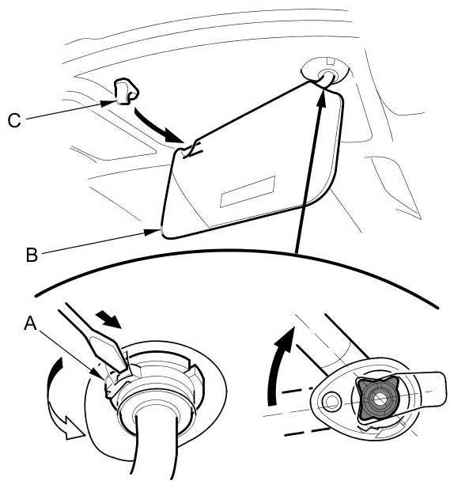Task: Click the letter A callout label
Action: [30, 323]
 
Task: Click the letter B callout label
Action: [32, 255]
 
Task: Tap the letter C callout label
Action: [14, 120]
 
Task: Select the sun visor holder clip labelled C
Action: [126, 92]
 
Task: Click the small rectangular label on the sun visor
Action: [248, 191]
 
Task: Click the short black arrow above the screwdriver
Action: [109, 319]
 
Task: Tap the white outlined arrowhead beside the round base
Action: [74, 428]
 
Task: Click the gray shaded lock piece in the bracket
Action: [377, 399]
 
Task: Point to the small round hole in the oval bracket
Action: [331, 401]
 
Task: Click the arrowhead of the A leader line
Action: [98, 374]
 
